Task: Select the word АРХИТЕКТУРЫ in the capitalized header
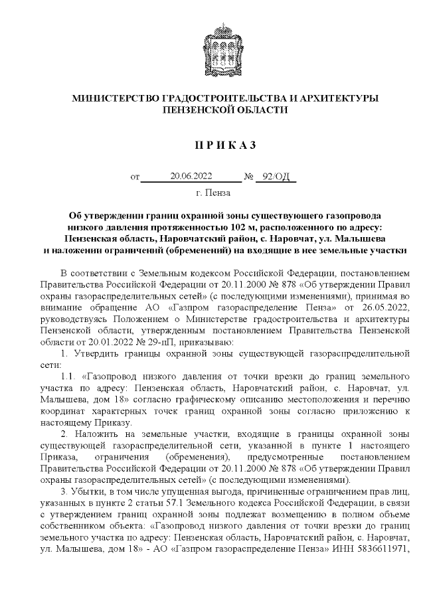[x=341, y=98]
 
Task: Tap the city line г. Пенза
[x=213, y=193]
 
